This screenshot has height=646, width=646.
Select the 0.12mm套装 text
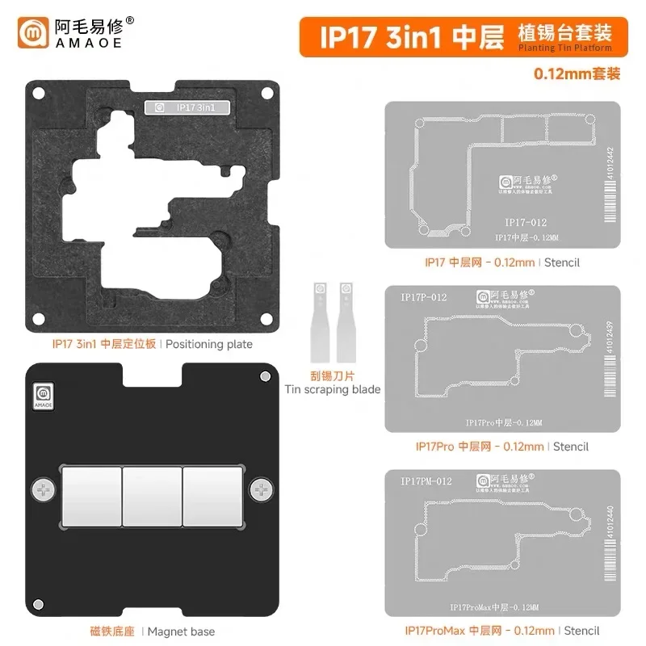(577, 73)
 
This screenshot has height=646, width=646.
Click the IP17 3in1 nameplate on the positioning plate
(187, 107)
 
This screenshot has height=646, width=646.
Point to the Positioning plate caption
(153, 344)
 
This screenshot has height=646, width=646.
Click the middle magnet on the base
(153, 489)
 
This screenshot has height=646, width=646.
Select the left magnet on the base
(91, 489)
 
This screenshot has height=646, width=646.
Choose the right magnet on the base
(214, 489)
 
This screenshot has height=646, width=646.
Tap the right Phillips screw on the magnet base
(261, 489)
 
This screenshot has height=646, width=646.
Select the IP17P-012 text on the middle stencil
(424, 297)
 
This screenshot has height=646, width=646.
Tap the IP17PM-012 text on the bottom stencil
(426, 481)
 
